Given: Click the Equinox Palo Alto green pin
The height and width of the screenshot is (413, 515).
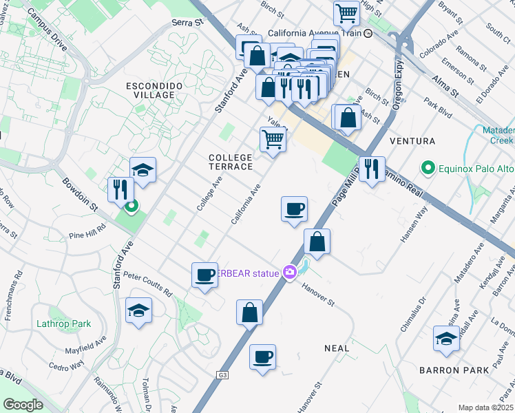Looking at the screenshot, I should [x=427, y=168].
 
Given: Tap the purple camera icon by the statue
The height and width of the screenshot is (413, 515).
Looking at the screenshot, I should [x=290, y=273].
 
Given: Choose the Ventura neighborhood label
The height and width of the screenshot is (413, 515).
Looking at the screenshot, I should [x=412, y=141].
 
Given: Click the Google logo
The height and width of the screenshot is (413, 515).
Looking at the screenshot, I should [x=23, y=404].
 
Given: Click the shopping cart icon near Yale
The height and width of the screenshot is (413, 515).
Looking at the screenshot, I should [x=273, y=138].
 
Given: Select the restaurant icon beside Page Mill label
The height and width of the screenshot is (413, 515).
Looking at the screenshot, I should [x=372, y=168].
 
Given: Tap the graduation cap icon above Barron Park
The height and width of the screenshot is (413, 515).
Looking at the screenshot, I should [x=446, y=339].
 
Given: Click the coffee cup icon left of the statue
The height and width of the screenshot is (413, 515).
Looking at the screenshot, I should [x=204, y=275].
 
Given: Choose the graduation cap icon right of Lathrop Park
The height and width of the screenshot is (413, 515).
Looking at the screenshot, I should [x=138, y=310].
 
